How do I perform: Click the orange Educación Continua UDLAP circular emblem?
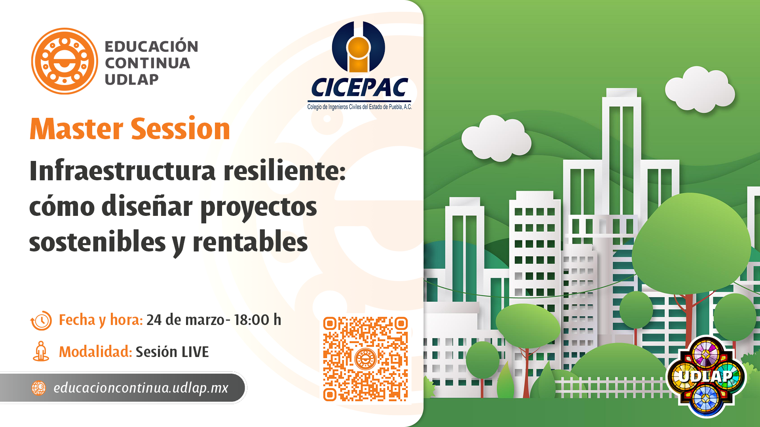65,61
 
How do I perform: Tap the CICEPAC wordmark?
359,88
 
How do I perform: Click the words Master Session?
130,129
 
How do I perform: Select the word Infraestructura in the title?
122,171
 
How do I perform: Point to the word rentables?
250,242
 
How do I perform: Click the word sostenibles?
97,242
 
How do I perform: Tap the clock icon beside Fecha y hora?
41,320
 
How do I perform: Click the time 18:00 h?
257,320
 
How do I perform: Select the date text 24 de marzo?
185,320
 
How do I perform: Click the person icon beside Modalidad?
41,351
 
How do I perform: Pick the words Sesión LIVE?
172,352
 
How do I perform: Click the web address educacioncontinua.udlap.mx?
141,388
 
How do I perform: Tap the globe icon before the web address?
39,388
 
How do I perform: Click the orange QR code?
365,359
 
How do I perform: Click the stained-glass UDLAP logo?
706,376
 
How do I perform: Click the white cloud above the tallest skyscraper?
700,89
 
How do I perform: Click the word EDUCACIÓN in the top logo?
151,46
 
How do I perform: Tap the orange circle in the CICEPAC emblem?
358,48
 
